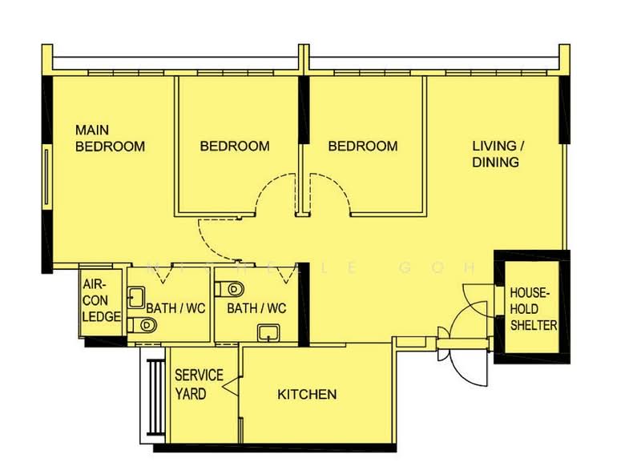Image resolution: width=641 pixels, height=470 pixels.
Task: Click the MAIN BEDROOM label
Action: coord(110,138)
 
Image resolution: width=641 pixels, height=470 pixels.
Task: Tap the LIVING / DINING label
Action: coord(497,154)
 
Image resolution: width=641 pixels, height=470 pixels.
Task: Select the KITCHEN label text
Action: coord(307,394)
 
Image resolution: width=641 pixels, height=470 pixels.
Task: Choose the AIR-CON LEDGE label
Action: coord(101,300)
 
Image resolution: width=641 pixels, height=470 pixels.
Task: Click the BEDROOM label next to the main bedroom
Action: coord(235,146)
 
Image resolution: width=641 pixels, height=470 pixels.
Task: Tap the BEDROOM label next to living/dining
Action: coord(363,146)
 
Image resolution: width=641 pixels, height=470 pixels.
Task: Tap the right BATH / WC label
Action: coord(256,308)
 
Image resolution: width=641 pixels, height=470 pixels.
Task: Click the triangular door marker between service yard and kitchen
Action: coord(231,389)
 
